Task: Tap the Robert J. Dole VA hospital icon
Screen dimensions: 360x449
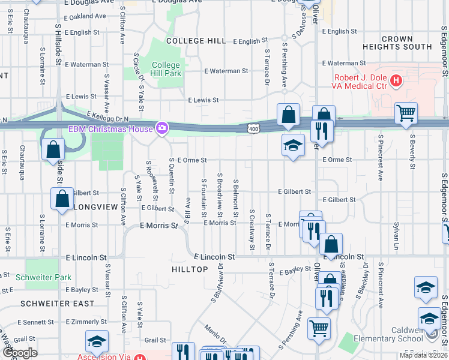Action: pos(396,80)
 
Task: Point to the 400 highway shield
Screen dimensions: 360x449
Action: pos(254,128)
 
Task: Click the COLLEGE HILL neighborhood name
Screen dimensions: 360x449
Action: pos(196,41)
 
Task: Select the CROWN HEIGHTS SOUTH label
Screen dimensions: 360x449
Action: pos(397,43)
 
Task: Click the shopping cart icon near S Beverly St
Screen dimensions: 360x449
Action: pos(406,113)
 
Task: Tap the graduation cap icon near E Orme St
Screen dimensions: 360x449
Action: pos(293,145)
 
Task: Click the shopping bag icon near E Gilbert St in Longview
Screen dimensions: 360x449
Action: pos(62,199)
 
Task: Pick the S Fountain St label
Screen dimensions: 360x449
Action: pos(204,197)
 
